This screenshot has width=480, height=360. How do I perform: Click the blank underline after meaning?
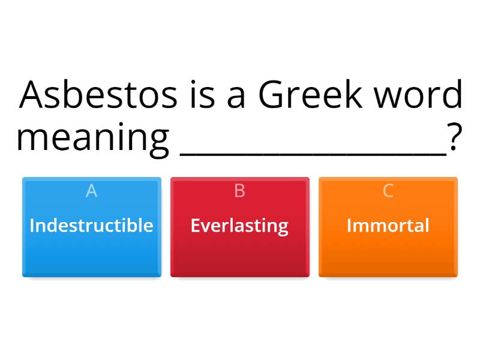click(x=313, y=154)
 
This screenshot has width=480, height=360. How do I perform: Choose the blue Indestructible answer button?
click(x=92, y=240)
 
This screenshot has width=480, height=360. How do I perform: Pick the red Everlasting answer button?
click(x=240, y=240)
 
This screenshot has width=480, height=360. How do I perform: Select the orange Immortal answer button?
click(x=388, y=240)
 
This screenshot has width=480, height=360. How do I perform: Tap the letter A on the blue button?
click(x=91, y=191)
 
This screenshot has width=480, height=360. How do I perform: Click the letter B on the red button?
click(x=239, y=191)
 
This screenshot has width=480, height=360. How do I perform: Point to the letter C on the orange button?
click(x=388, y=191)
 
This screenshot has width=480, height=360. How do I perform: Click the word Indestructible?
click(x=91, y=226)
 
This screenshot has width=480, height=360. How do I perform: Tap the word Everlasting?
click(x=239, y=226)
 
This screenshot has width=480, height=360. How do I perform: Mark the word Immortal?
click(x=388, y=226)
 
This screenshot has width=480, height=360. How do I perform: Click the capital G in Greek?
click(x=274, y=95)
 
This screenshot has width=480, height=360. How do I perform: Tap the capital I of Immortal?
click(x=349, y=226)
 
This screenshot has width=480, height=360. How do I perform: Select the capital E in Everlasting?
click(x=195, y=226)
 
